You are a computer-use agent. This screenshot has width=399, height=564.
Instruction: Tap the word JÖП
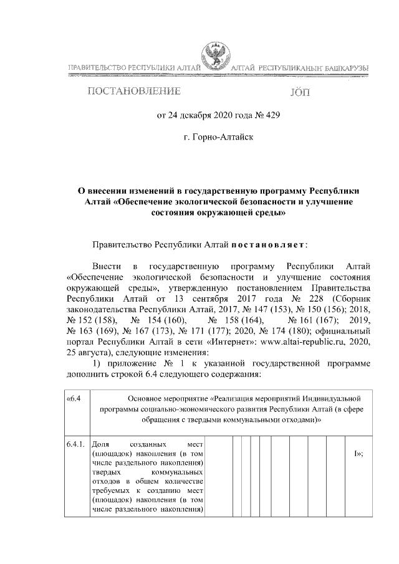[299, 93]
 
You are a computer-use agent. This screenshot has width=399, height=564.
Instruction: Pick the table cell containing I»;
[357, 454]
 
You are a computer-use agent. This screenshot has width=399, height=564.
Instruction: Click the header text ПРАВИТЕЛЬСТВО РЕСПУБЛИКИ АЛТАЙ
[133, 67]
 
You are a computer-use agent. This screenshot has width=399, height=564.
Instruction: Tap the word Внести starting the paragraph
[106, 266]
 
